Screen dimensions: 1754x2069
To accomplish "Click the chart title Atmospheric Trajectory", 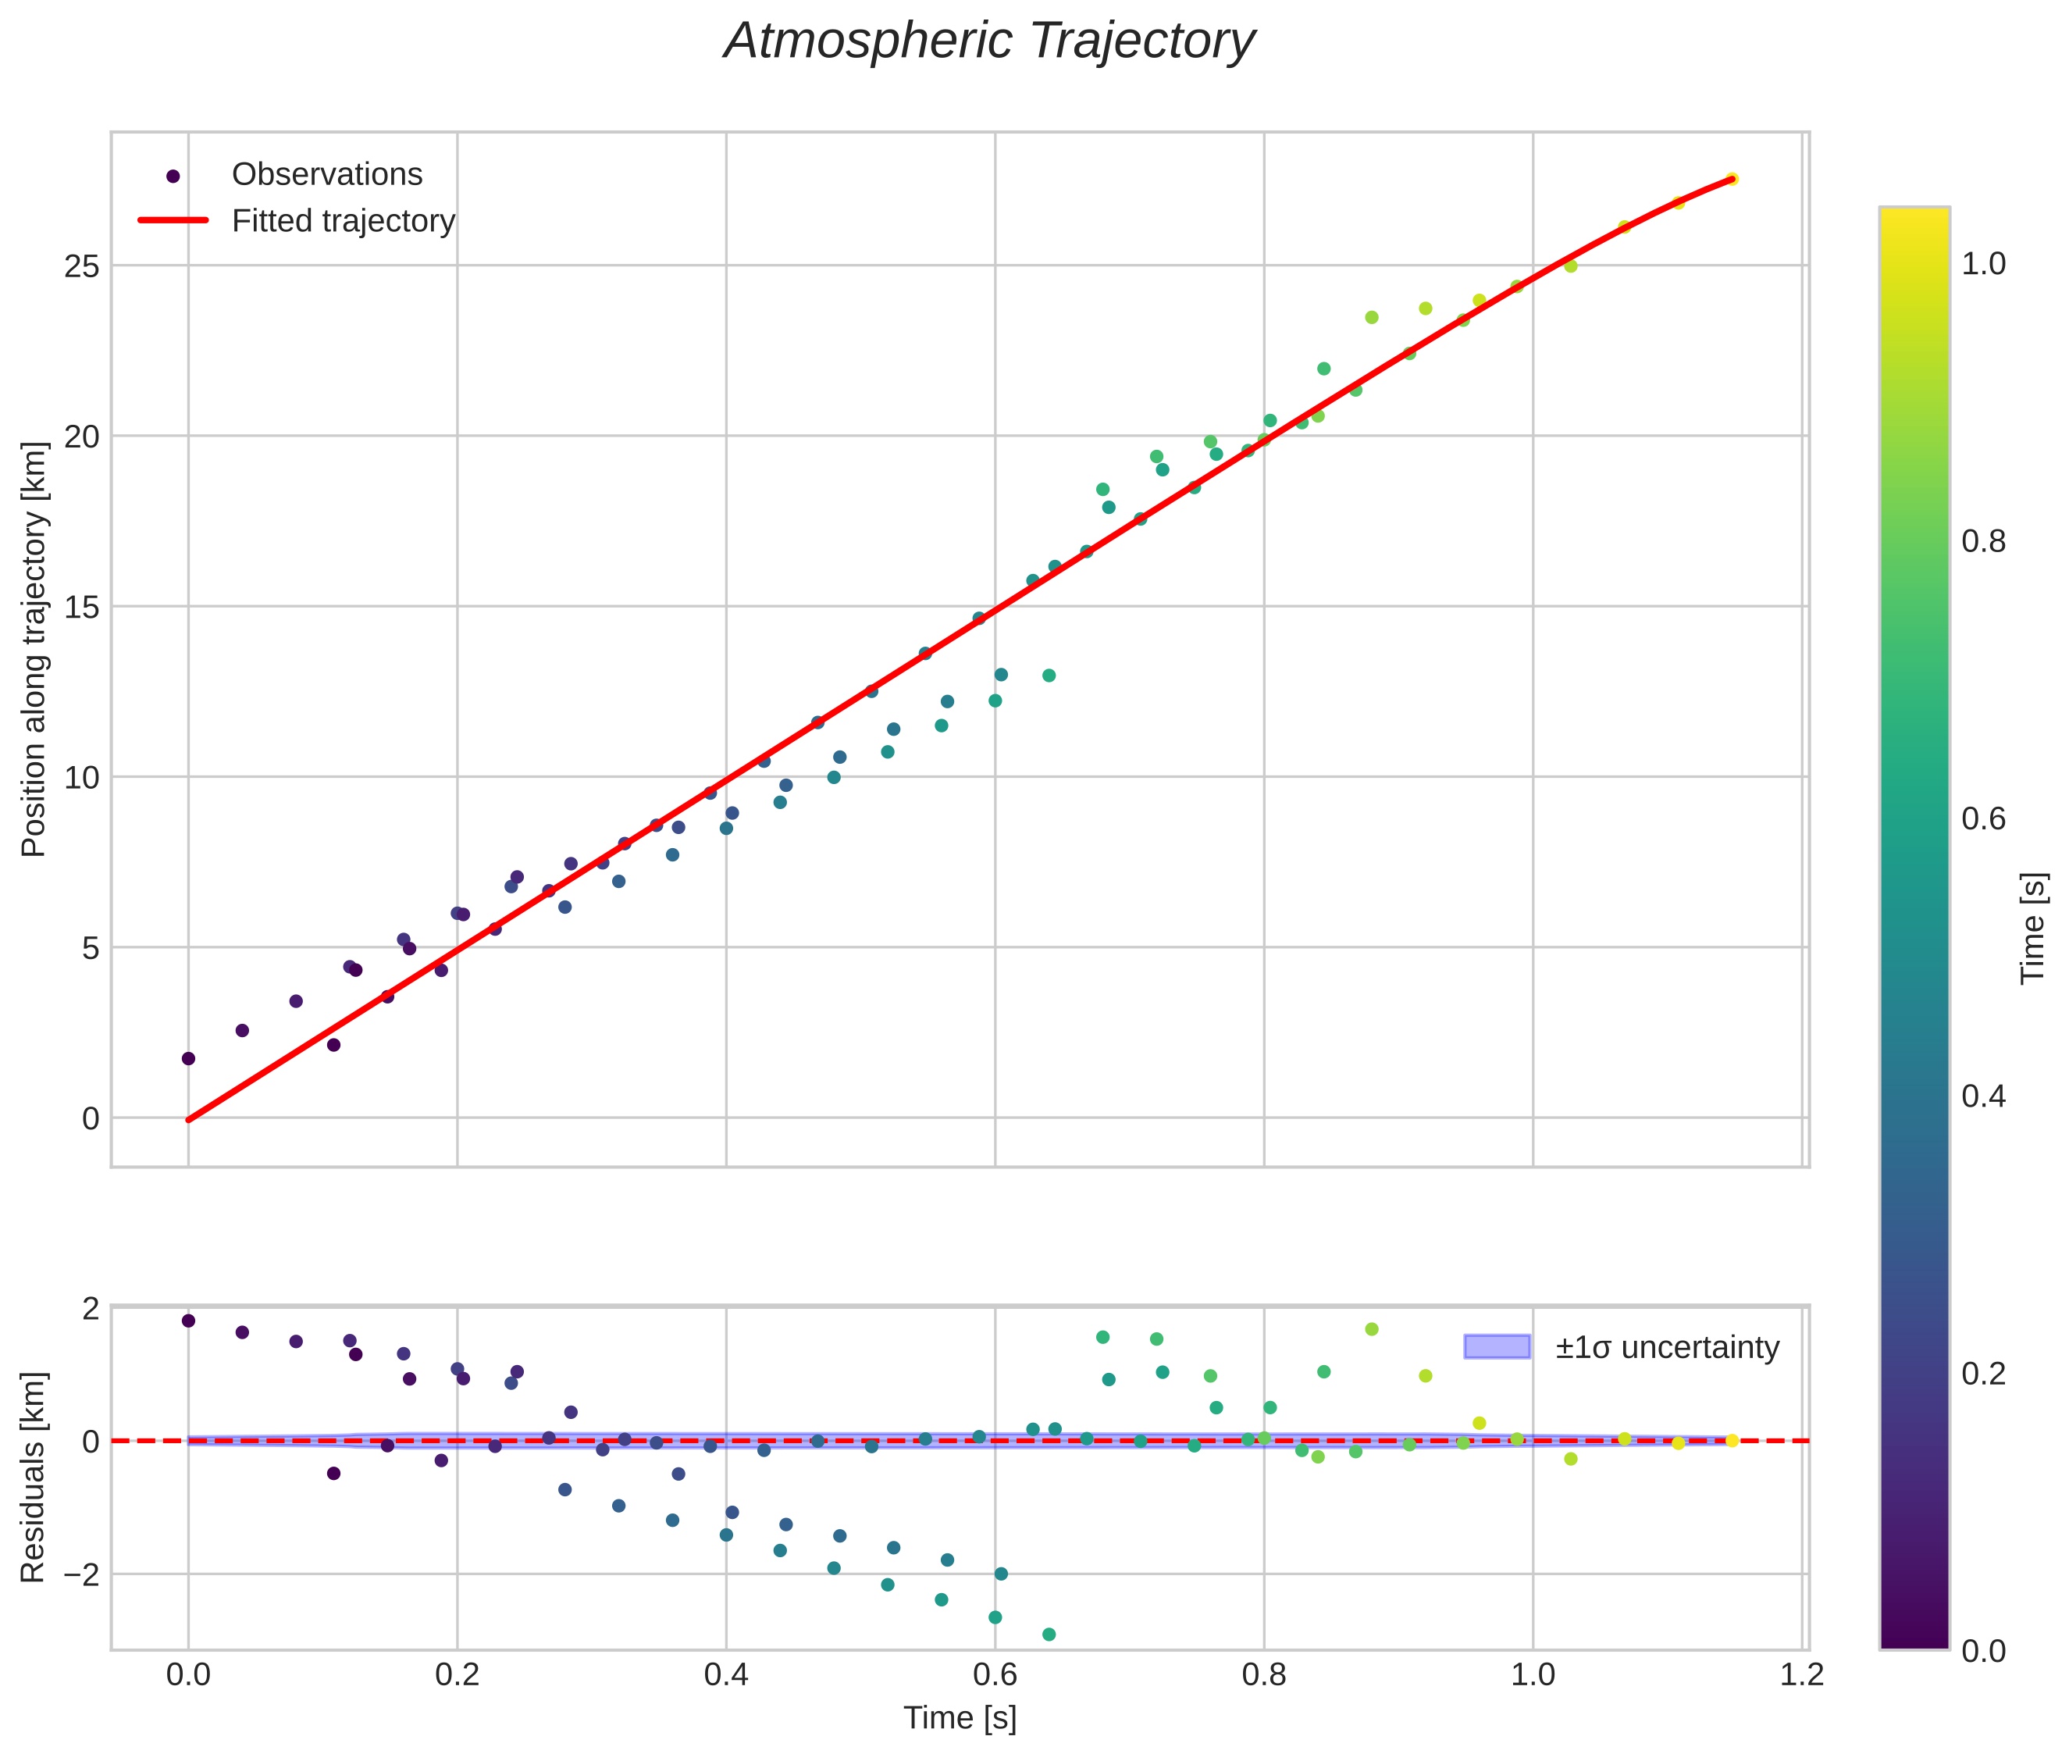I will click(x=989, y=41).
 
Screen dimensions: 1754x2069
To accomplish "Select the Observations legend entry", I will click(x=326, y=175).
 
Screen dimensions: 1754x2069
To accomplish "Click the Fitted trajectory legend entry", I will click(x=343, y=221).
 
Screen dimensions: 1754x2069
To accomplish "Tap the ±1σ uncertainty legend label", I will click(x=1666, y=1347).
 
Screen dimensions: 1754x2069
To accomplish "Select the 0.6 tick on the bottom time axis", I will click(x=994, y=1674).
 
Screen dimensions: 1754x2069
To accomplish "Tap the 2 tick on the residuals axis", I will click(x=91, y=1310).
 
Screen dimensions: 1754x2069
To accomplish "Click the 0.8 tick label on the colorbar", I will click(x=1982, y=542).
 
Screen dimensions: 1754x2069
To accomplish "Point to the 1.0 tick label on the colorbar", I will click(x=1982, y=265).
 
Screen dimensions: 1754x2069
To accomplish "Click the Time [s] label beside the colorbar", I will click(x=2032, y=928).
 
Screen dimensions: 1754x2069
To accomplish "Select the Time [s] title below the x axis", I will click(x=960, y=1718).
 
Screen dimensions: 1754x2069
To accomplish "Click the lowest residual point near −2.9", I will click(x=1048, y=1635).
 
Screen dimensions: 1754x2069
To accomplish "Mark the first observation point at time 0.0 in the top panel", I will click(x=188, y=1059).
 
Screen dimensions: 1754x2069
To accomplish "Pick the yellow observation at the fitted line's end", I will click(x=1731, y=179).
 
